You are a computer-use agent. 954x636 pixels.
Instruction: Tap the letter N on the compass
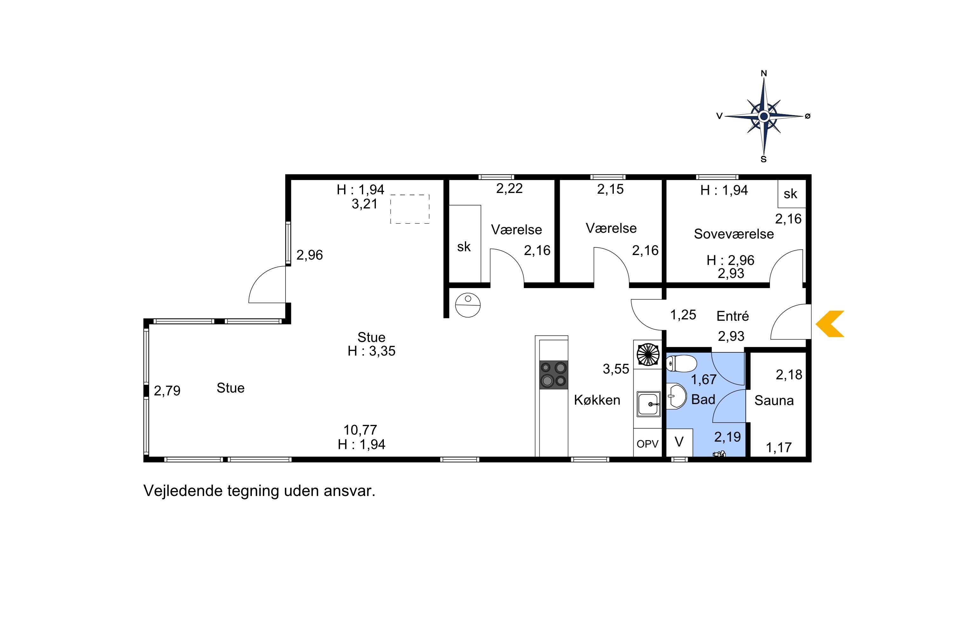coord(764,73)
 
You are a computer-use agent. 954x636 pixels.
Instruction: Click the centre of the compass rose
coord(764,116)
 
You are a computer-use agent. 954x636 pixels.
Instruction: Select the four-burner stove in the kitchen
coord(554,375)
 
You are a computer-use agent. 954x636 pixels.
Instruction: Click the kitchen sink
coord(648,404)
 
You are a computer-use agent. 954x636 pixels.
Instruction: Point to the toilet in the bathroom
coord(681,363)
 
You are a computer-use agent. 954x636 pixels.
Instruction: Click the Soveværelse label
coord(734,234)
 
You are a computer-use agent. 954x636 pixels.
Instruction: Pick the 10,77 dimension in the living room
coord(360,430)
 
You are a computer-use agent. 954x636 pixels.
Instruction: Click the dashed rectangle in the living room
coord(410,209)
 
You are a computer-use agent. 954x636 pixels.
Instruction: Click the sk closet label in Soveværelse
coord(791,194)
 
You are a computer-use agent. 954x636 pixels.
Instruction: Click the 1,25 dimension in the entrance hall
coord(683,315)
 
